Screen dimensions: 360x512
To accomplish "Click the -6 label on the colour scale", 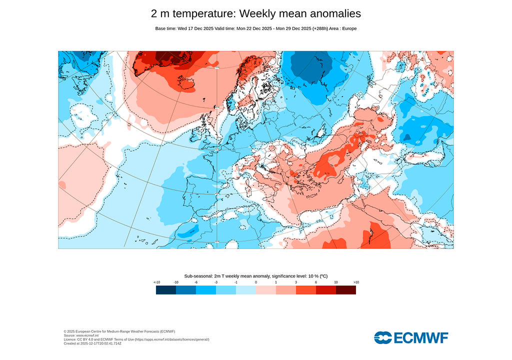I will pyautogui.click(x=196, y=282).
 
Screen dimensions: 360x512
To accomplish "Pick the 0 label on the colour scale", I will pyautogui.click(x=256, y=282).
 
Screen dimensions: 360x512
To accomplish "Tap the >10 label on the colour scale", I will pyautogui.click(x=356, y=282).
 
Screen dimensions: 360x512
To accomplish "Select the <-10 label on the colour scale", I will pyautogui.click(x=156, y=282).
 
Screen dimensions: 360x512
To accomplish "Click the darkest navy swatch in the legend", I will pyautogui.click(x=166, y=290).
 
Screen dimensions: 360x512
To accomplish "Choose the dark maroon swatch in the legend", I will pyautogui.click(x=346, y=290).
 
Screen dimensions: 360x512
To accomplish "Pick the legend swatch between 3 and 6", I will pyautogui.click(x=306, y=290).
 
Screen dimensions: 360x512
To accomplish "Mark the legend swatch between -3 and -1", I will pyautogui.click(x=226, y=290).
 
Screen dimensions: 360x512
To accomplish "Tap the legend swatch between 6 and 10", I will pyautogui.click(x=326, y=290).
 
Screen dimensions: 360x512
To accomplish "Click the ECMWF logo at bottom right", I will pyautogui.click(x=411, y=337).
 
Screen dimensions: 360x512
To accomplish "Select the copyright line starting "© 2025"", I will pyautogui.click(x=119, y=331).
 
